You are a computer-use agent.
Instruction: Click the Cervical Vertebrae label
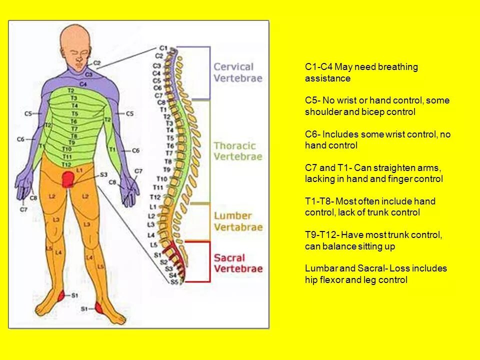click(237, 72)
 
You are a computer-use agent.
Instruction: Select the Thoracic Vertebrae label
click(237, 151)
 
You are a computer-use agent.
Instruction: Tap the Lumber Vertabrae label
click(238, 221)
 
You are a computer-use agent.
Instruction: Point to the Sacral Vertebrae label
click(238, 263)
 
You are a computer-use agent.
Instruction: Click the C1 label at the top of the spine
click(163, 48)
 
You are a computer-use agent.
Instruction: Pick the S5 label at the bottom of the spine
click(173, 282)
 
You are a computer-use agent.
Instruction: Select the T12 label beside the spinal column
click(155, 197)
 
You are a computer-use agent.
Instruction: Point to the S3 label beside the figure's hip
click(103, 174)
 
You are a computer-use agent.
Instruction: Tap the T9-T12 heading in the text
click(320, 235)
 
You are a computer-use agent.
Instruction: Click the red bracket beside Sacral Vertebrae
click(209, 261)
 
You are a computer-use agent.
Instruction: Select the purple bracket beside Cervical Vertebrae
click(209, 72)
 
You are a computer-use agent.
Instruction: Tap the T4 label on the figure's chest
click(74, 106)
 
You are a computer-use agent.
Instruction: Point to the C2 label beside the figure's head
click(97, 63)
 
